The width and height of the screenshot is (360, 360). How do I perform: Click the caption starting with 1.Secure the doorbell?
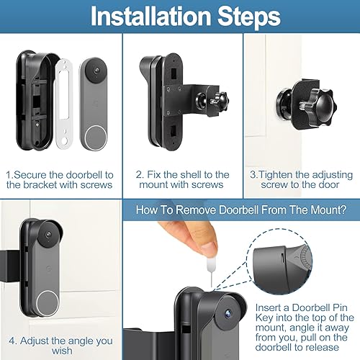pos(60,180)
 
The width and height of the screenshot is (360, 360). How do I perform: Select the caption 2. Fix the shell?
pos(181,180)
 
